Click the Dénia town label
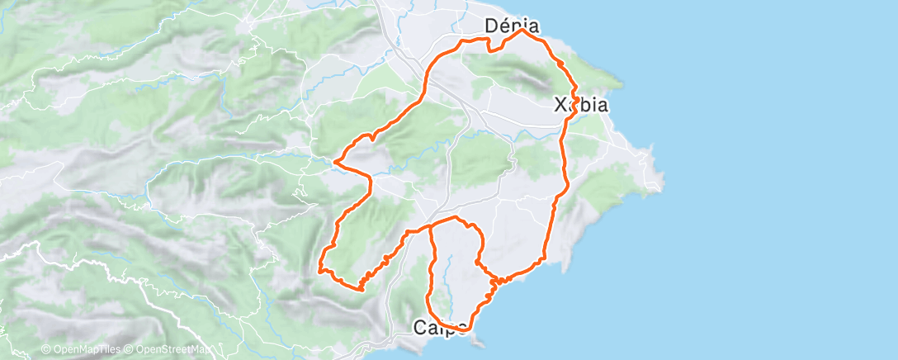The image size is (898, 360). click(512, 26)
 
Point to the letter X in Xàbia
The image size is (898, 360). click(560, 105)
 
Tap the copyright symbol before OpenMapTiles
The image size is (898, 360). click(46, 350)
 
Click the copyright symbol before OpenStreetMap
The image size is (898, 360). click(129, 350)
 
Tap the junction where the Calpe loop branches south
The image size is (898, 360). click(431, 225)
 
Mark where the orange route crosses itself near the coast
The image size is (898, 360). click(494, 282)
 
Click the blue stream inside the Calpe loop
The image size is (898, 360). click(450, 272)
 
